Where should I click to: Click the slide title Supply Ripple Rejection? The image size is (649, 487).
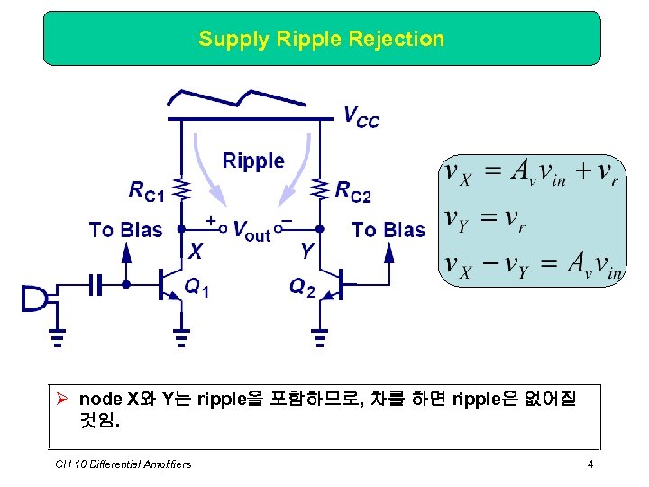(322, 39)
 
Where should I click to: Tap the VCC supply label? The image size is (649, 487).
(361, 116)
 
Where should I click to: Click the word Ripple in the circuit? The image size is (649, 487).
(253, 161)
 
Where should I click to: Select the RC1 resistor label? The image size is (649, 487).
(146, 190)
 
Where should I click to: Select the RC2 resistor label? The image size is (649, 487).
(353, 190)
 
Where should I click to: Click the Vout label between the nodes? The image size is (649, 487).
(251, 231)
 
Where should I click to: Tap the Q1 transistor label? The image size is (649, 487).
(197, 288)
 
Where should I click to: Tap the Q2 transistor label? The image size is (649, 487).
(302, 288)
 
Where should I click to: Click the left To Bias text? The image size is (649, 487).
(125, 230)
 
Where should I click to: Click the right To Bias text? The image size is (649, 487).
(388, 230)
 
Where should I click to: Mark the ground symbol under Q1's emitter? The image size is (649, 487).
(181, 340)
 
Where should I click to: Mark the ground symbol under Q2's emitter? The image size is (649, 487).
(320, 340)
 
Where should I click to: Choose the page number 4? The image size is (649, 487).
(590, 464)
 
